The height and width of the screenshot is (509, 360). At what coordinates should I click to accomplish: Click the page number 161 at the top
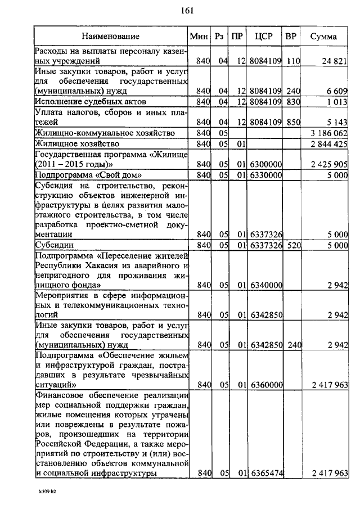188,10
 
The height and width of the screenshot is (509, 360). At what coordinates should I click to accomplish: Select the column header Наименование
111,37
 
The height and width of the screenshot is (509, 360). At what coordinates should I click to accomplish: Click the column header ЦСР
263,37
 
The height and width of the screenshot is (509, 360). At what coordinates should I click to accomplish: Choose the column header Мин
199,37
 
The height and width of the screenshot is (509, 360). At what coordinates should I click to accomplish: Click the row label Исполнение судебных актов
90,102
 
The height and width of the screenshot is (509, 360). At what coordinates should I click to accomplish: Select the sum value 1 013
337,102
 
